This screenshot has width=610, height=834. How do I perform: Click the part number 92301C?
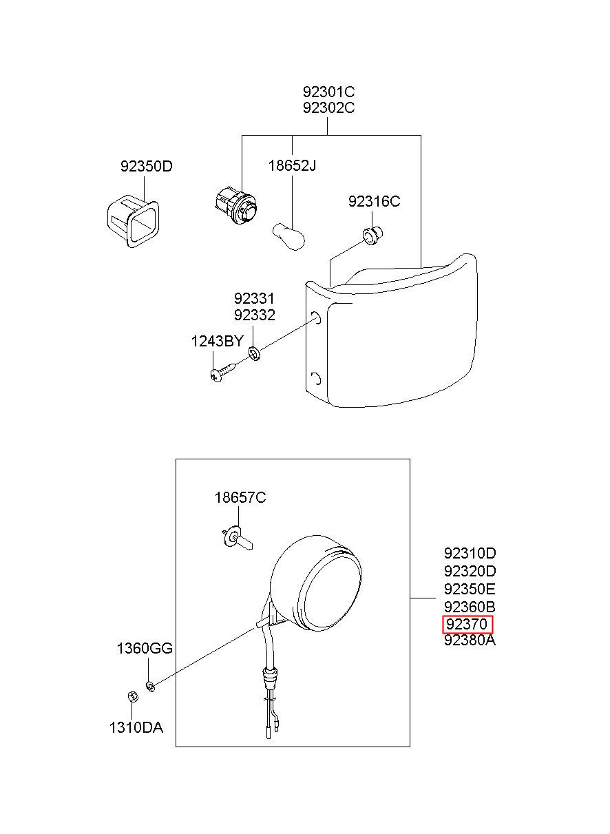328,91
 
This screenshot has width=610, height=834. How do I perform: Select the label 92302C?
328,108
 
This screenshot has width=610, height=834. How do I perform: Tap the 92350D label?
146,166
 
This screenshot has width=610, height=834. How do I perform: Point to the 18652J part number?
292,165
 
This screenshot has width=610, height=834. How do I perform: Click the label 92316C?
374,201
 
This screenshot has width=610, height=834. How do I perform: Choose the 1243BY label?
217,341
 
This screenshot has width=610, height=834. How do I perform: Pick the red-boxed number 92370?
467,624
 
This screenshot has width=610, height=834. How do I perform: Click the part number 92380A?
470,640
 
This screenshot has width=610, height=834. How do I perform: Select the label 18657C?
240,497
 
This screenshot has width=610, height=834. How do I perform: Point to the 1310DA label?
136,727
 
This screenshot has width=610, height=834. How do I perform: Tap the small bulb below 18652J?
289,236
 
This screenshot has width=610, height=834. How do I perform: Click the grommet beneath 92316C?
373,236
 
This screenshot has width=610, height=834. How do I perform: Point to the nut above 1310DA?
132,696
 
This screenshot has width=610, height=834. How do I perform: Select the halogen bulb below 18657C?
237,540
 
